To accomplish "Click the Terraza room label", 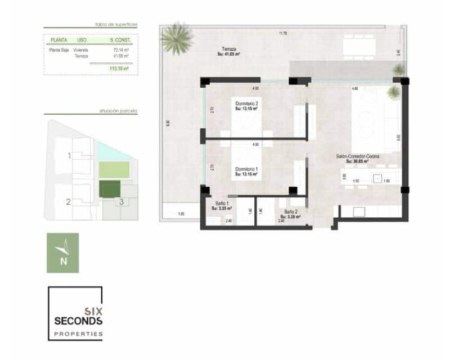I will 228,49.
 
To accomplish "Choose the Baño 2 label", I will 291,211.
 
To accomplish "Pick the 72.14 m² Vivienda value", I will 121,49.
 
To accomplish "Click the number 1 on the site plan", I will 69,156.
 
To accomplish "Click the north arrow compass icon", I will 62,253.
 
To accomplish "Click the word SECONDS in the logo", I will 78,321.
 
